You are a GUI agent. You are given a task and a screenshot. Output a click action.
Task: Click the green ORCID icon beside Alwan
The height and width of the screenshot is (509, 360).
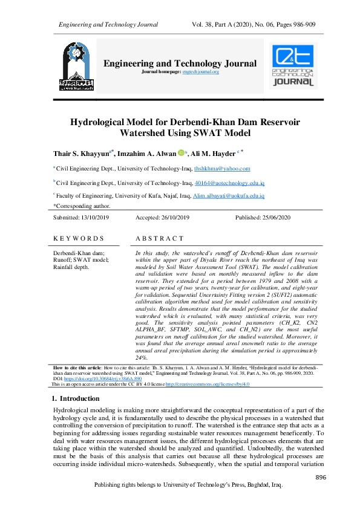click(x=180, y=154)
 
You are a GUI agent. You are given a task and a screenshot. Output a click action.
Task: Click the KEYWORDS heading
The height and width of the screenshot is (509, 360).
click(x=79, y=239)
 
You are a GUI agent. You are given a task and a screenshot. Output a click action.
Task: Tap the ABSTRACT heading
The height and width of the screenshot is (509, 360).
click(x=160, y=239)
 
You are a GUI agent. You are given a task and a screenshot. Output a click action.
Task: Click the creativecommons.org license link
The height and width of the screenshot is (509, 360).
click(x=200, y=384)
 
